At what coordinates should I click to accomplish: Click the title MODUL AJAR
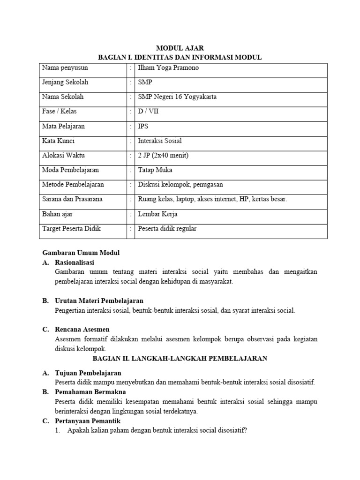180,48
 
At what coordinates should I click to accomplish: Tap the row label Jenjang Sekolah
65,82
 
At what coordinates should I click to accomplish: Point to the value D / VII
148,112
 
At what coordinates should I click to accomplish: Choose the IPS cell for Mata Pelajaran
143,126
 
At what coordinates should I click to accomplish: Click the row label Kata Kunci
58,141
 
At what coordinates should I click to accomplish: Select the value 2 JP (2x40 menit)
163,155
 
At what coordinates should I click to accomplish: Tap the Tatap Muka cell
155,170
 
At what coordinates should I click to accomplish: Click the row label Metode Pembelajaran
73,185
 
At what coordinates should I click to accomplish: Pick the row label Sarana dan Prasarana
72,199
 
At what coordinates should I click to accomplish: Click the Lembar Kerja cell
157,214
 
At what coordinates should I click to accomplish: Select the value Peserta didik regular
167,229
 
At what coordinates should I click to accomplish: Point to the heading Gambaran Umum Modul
81,253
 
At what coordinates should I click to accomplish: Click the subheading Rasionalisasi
78,262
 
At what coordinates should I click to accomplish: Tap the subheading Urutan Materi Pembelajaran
99,300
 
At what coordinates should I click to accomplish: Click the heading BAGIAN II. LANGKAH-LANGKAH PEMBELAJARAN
180,358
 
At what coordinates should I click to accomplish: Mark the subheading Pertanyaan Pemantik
88,421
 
